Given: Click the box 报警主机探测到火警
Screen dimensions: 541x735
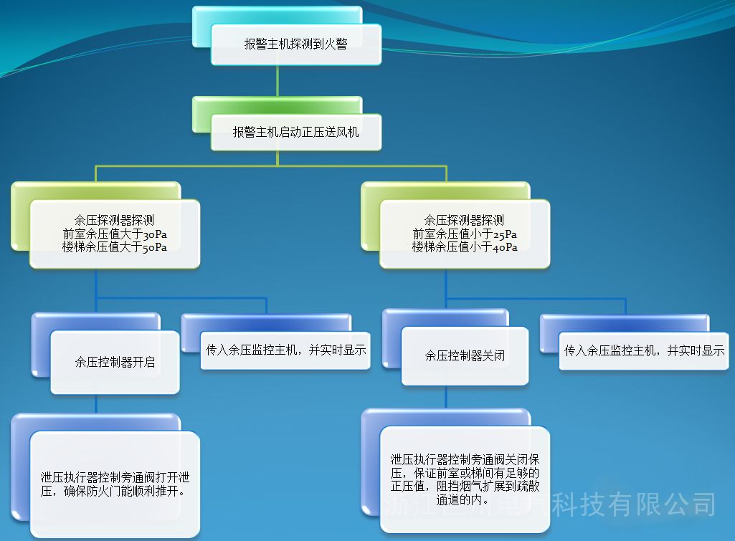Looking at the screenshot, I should pyautogui.click(x=295, y=44).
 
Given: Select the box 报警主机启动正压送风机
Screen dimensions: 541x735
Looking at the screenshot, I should pyautogui.click(x=295, y=133).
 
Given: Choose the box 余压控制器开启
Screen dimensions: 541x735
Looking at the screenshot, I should pyautogui.click(x=115, y=362).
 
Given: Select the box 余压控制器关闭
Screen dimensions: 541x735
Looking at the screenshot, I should pyautogui.click(x=465, y=355).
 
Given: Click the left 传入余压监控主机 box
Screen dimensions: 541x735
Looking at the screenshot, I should pyautogui.click(x=285, y=350).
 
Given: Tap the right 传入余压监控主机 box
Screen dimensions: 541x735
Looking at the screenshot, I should pyautogui.click(x=644, y=350).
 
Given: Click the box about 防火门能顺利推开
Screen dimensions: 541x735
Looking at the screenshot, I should pyautogui.click(x=115, y=484).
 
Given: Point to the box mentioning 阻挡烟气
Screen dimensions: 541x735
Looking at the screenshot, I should pyautogui.click(x=465, y=479).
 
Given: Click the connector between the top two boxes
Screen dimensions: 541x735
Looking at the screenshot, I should pyautogui.click(x=278, y=81).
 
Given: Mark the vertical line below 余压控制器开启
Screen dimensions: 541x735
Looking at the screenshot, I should pyautogui.click(x=97, y=403).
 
